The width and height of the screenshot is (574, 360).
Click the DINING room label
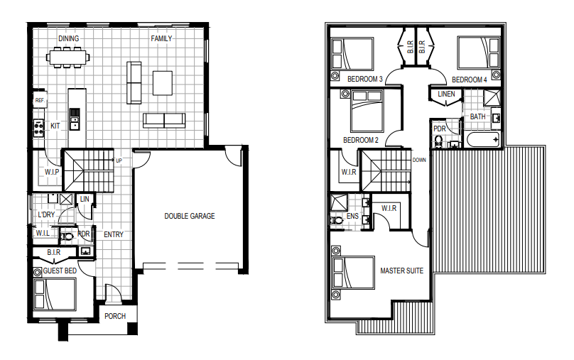tap(68, 38)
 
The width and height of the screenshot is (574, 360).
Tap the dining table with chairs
tap(68, 57)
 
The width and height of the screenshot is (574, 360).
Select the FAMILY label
tap(161, 38)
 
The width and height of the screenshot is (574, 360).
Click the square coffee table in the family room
tap(163, 83)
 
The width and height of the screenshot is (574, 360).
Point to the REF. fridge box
tap(40, 100)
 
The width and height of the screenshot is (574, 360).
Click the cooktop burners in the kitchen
tap(38, 128)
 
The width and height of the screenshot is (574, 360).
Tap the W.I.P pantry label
tap(52, 172)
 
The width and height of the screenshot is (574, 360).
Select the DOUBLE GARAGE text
tap(190, 217)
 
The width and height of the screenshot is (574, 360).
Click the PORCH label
tap(115, 316)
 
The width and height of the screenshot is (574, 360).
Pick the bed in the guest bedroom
tap(55, 295)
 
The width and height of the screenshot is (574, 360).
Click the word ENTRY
tap(114, 234)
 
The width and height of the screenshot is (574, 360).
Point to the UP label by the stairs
tap(119, 160)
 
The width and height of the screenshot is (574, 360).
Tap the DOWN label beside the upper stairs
tap(419, 160)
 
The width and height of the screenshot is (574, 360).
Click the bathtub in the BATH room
tap(484, 139)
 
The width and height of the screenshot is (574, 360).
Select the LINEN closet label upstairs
tap(446, 94)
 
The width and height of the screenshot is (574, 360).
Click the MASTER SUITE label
tap(401, 271)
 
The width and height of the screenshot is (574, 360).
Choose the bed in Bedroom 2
tap(367, 111)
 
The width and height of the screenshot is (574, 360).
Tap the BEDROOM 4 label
tap(470, 80)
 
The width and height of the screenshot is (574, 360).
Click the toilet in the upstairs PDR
tap(438, 141)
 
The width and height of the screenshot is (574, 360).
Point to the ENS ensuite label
tap(352, 217)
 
